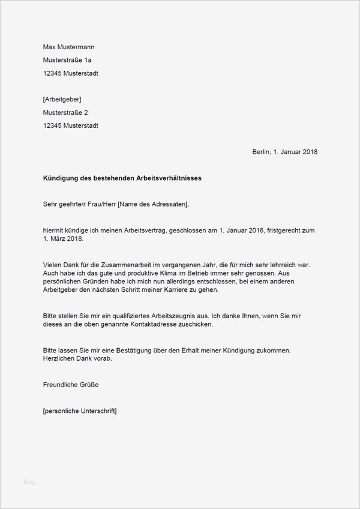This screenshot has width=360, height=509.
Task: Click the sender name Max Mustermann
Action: click(68, 47)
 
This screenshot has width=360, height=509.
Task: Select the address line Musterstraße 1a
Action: click(67, 60)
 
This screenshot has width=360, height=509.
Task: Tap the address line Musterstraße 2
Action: click(65, 112)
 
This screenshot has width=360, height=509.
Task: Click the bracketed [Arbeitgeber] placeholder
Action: click(62, 99)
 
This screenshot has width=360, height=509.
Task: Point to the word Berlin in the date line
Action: click(262, 152)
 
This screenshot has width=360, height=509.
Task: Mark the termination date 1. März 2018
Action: click(64, 239)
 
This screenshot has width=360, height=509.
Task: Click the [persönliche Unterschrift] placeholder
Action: click(80, 411)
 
